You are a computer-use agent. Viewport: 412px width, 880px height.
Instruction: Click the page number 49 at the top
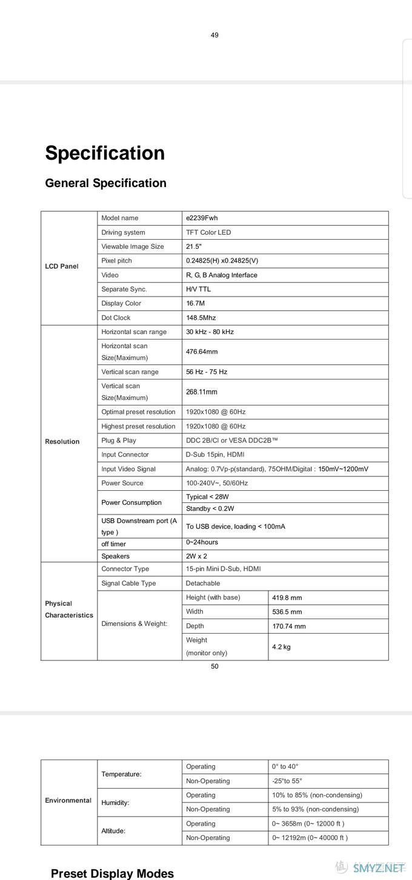coord(214,35)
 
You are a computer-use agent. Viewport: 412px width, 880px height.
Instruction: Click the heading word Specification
coord(105,153)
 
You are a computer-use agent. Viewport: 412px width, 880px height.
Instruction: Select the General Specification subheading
coord(105,183)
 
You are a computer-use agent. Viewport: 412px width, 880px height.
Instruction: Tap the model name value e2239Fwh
coord(202,218)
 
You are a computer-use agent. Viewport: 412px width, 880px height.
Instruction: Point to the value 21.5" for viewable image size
coord(194,246)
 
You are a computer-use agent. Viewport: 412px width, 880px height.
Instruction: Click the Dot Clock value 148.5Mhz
coord(201,318)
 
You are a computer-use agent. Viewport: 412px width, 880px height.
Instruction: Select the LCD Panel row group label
coord(61,266)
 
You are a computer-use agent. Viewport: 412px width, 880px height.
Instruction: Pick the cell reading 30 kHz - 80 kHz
coord(210,332)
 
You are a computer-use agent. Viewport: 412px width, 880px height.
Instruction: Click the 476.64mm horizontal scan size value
coord(202,352)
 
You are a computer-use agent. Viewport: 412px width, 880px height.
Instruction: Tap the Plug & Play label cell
coord(119,441)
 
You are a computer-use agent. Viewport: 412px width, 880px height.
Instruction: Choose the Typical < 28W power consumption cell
coord(207,497)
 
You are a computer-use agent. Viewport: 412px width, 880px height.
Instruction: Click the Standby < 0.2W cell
coord(210,508)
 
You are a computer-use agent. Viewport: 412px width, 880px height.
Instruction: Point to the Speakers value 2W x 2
coord(196,556)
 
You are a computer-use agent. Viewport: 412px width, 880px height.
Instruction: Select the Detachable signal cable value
coord(203,583)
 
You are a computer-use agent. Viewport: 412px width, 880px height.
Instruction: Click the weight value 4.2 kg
coord(281,647)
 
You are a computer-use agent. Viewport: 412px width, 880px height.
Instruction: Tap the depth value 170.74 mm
coord(289,626)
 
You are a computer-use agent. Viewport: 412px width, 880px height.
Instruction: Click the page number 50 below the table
coord(214,666)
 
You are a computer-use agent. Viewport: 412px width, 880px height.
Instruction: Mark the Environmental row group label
coord(68,800)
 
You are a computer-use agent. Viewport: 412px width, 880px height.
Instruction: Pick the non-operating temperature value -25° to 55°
coord(287,781)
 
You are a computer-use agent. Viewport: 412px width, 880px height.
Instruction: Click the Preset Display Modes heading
coord(112,873)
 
